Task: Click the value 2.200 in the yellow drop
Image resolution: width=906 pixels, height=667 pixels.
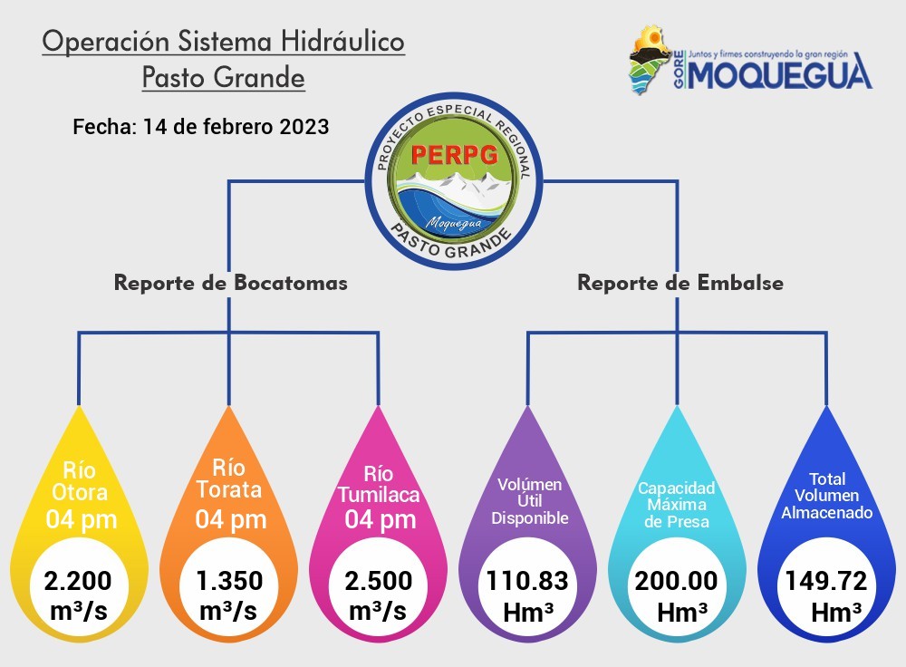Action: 78,581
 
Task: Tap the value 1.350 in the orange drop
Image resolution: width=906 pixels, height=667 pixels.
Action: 229,581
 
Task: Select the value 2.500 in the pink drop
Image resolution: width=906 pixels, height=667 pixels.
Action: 379,581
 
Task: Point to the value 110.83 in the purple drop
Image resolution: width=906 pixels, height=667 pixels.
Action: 527,581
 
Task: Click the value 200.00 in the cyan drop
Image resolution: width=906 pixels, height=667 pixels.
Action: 677,581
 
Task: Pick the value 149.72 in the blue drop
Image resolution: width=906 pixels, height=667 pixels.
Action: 826,581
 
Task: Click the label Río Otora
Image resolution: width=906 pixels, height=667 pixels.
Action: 80,481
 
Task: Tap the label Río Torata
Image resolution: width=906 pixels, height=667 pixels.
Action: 229,478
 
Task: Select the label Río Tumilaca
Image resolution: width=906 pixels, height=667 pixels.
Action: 379,484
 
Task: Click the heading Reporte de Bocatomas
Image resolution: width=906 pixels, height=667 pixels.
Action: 230,283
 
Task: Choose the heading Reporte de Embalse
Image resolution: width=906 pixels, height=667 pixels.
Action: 680,283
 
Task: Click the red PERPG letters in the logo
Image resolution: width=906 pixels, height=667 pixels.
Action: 455,154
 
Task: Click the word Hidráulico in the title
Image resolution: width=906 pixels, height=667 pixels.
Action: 342,42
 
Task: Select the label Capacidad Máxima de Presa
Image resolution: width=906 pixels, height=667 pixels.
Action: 677,505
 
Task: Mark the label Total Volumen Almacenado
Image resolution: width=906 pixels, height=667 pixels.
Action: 827,496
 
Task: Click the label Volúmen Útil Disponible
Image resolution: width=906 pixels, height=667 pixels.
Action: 530,501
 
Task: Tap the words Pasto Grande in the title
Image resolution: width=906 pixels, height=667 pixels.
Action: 224,78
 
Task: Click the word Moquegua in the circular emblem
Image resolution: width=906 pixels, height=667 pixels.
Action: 454,223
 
